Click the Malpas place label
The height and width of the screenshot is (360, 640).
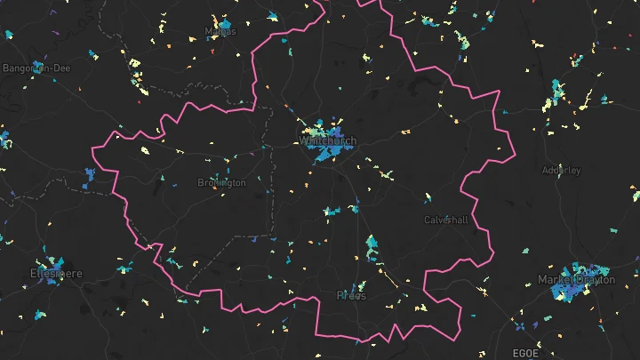pos(220,31)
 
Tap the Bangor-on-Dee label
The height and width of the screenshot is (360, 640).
pos(36,68)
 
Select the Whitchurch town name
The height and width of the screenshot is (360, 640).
pos(328,141)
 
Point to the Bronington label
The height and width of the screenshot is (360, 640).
pos(221,183)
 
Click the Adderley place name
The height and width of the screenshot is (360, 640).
pos(561,170)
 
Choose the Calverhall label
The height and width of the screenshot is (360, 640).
pos(444,220)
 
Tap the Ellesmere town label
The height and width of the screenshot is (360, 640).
pos(56,273)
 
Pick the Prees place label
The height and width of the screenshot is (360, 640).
pos(351,295)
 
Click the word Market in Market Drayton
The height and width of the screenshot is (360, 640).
pos(556,280)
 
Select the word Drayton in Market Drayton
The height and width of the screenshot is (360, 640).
pos(596,280)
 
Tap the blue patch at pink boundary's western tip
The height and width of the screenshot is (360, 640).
pos(89,175)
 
